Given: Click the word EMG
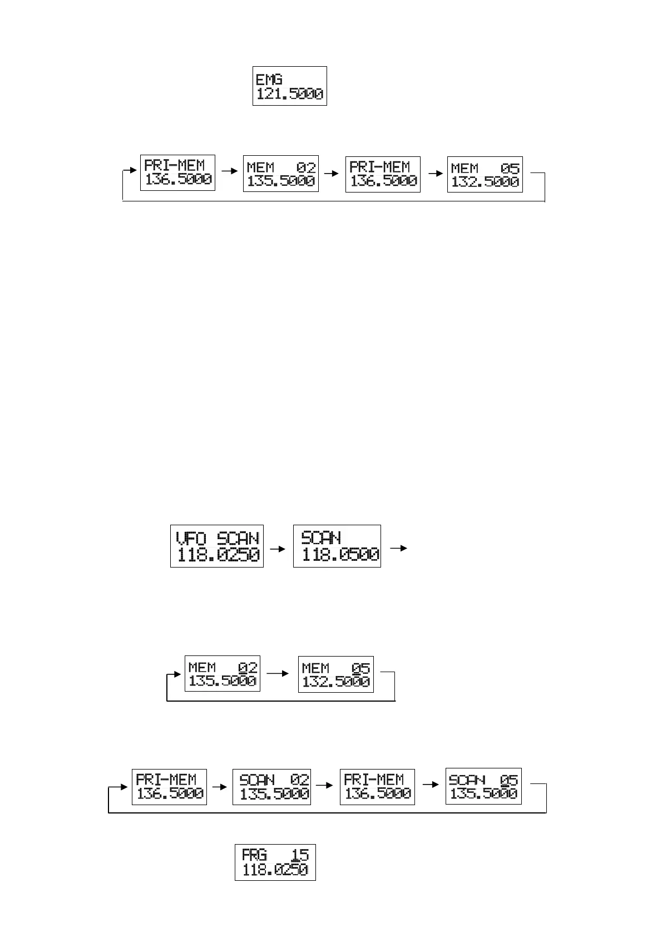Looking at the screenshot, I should point(269,79).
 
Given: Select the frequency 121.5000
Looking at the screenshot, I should point(289,94).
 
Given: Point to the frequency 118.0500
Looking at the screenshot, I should point(340,555).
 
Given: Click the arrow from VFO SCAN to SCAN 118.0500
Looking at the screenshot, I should point(278,549).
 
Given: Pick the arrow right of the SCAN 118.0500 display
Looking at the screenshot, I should point(398,549).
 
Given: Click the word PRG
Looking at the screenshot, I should point(254,855).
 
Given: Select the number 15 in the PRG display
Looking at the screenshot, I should point(300,855).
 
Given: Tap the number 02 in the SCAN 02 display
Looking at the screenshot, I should point(299,780).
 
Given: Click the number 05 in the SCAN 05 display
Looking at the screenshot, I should point(508,780).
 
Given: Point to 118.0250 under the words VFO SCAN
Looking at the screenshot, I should point(218,555).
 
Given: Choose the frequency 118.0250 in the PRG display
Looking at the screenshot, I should point(275,870).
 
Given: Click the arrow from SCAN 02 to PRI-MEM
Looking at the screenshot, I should point(325,786).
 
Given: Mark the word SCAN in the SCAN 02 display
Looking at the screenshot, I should point(256,780).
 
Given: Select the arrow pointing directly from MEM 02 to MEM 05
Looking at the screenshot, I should point(279,673).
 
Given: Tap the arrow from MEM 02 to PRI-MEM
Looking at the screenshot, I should point(332,173).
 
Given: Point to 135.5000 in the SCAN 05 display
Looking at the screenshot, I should point(483,794).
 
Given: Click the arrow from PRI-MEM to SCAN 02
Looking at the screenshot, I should point(220,787).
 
